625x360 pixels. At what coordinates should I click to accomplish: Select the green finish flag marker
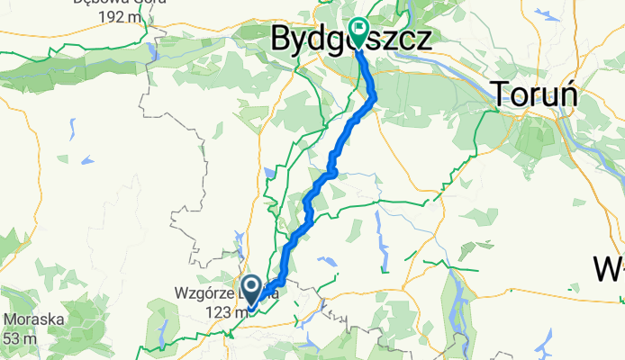[359, 32]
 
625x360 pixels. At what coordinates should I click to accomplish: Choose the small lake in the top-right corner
[547, 15]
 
